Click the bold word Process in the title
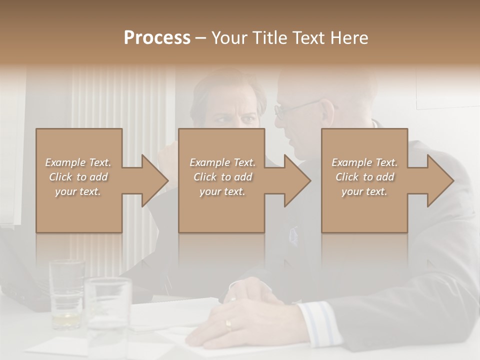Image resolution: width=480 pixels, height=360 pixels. pos(157,38)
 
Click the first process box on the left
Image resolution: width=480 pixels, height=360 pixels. pos(78,180)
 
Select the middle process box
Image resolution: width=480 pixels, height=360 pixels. pos(221,180)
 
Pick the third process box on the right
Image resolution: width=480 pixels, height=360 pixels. pos(364,180)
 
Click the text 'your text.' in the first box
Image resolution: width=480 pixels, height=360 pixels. pos(78,191)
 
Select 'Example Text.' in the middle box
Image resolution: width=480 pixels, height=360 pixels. pos(222,162)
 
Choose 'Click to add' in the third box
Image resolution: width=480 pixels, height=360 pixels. pos(365,177)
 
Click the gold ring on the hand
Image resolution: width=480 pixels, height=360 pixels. pos(228,325)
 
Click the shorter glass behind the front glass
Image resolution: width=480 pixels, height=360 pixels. pos(66,292)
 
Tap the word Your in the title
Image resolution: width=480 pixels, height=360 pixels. pos(230,38)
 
